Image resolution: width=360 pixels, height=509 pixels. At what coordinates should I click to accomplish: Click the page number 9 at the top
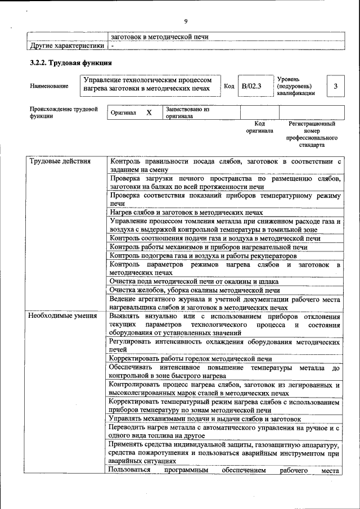pyautogui.click(x=185, y=21)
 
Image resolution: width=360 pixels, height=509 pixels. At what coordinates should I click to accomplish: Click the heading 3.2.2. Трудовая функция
pyautogui.click(x=71, y=62)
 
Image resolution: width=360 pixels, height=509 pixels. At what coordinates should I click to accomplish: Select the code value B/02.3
pyautogui.click(x=251, y=86)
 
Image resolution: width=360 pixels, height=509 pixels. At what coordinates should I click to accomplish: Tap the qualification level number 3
pyautogui.click(x=335, y=86)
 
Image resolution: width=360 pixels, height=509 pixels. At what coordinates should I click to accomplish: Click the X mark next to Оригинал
pyautogui.click(x=149, y=112)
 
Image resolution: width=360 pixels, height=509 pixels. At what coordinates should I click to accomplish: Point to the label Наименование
pyautogui.click(x=49, y=86)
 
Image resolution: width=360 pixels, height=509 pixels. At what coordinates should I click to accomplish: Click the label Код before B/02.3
pyautogui.click(x=229, y=86)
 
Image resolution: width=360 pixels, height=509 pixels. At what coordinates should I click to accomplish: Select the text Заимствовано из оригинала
pyautogui.click(x=187, y=112)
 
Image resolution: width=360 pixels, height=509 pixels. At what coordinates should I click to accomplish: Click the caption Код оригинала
pyautogui.click(x=259, y=127)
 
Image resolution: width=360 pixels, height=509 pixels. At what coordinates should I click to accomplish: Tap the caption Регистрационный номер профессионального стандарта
pyautogui.click(x=312, y=134)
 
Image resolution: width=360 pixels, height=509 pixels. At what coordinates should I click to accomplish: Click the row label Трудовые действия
pyautogui.click(x=60, y=161)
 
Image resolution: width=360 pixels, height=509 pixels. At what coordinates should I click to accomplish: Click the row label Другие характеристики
pyautogui.click(x=67, y=45)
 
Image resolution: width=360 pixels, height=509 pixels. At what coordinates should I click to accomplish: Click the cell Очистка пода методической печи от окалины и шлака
pyautogui.click(x=195, y=281)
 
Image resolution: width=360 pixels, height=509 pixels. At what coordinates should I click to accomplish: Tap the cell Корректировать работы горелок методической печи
pyautogui.click(x=191, y=358)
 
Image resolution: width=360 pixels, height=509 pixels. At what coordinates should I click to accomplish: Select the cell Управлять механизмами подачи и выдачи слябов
pyautogui.click(x=205, y=419)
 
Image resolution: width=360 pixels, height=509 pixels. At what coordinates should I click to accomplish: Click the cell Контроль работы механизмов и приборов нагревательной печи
pyautogui.click(x=208, y=247)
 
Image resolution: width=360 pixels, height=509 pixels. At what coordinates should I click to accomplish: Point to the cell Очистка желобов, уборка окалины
pyautogui.click(x=195, y=290)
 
